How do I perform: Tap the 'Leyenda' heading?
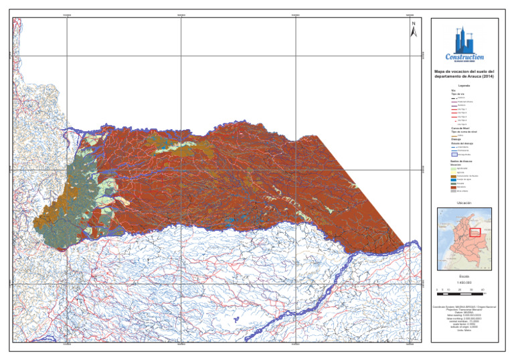coord(463,85)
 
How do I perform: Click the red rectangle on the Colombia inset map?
coord(475,232)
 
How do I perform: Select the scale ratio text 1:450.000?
coord(464,283)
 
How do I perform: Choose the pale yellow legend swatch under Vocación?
coord(452,171)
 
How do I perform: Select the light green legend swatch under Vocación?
coord(452,167)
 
